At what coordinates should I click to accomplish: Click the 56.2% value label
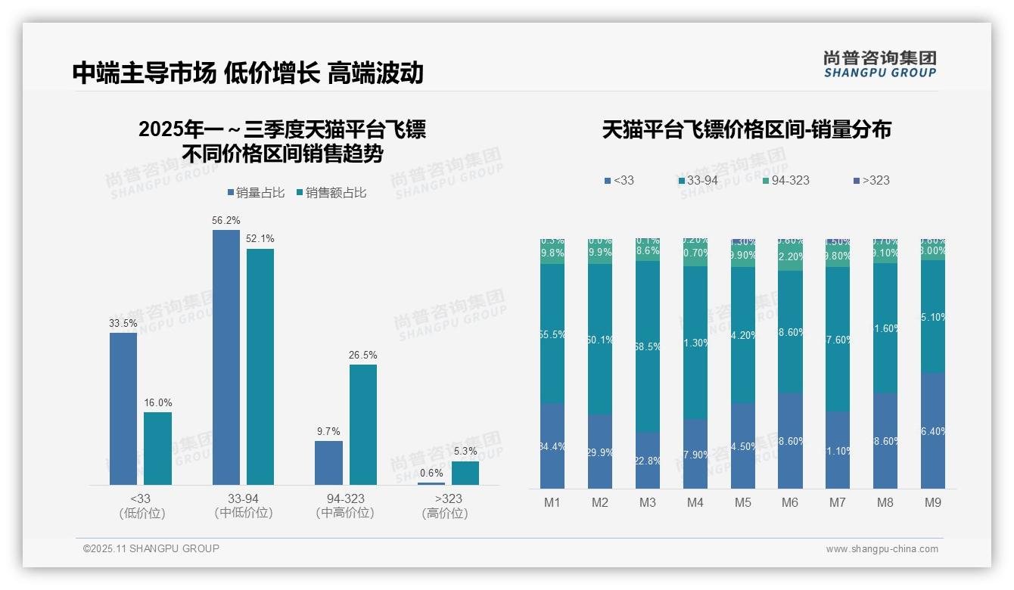(x=226, y=220)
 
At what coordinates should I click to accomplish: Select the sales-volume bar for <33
(x=123, y=408)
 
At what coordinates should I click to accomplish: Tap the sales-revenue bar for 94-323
(x=362, y=424)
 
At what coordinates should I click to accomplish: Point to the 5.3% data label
(x=465, y=452)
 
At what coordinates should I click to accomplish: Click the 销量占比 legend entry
(x=256, y=193)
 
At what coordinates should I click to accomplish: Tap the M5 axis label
(x=742, y=503)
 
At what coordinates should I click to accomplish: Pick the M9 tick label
(x=933, y=503)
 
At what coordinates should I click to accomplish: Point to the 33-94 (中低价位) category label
(x=243, y=506)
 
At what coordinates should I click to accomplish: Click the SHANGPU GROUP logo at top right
(x=879, y=64)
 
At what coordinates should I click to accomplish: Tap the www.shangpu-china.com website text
(x=882, y=549)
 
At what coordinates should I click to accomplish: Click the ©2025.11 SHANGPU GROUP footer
(x=151, y=548)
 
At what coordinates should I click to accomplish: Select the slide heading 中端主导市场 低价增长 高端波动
(x=247, y=73)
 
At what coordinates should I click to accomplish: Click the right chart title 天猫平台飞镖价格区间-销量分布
(x=746, y=129)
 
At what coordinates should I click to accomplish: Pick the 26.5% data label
(x=362, y=355)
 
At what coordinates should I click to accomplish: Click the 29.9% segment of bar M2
(x=600, y=452)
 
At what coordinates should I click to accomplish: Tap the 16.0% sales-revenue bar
(x=157, y=448)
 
